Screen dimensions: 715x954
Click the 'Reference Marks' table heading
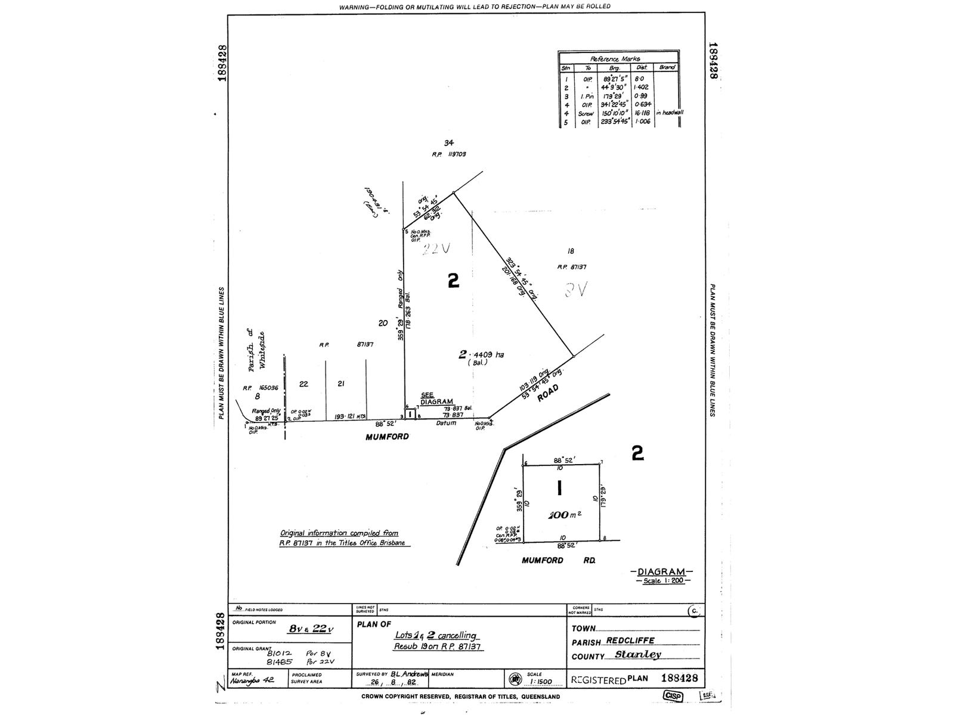pyautogui.click(x=615, y=59)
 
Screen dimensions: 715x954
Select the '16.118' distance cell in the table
pyautogui.click(x=642, y=113)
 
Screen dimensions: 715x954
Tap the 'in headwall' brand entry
pyautogui.click(x=670, y=113)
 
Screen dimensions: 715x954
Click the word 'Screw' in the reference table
pyautogui.click(x=586, y=113)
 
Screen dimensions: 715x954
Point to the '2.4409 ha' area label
pyautogui.click(x=481, y=355)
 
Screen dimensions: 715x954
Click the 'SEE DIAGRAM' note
pyautogui.click(x=436, y=399)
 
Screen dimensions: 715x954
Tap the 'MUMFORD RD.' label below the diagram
pyautogui.click(x=559, y=560)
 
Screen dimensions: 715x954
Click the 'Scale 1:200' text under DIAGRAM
pyautogui.click(x=661, y=581)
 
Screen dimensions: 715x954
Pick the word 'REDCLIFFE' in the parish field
pyautogui.click(x=630, y=641)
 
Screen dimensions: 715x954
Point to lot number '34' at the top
pyautogui.click(x=449, y=142)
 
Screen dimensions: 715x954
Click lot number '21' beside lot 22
pyautogui.click(x=340, y=384)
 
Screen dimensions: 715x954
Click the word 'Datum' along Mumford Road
pyautogui.click(x=445, y=423)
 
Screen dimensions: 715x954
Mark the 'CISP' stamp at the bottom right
pyautogui.click(x=673, y=696)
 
